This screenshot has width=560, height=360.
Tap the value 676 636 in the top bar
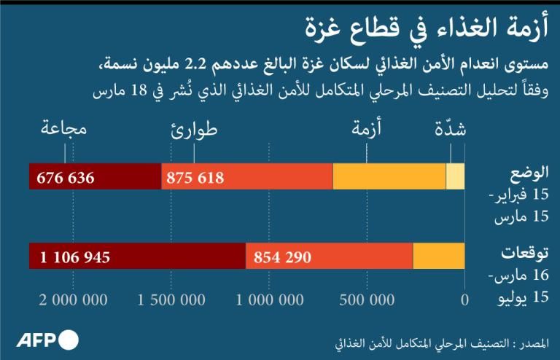click(x=66, y=178)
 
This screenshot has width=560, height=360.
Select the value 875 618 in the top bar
click(x=195, y=178)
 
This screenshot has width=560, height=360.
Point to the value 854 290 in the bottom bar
click(x=283, y=257)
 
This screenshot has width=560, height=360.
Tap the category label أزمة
click(x=367, y=130)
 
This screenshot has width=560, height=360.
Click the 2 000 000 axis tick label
click(x=73, y=300)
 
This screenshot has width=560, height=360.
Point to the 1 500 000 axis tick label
click(x=171, y=300)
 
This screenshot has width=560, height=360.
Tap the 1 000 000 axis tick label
click(x=269, y=300)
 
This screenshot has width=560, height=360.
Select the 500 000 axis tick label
click(x=368, y=300)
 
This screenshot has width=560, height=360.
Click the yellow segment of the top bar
click(x=389, y=177)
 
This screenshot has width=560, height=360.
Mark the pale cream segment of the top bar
click(x=455, y=177)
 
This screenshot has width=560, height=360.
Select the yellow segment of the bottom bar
click(x=439, y=257)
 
